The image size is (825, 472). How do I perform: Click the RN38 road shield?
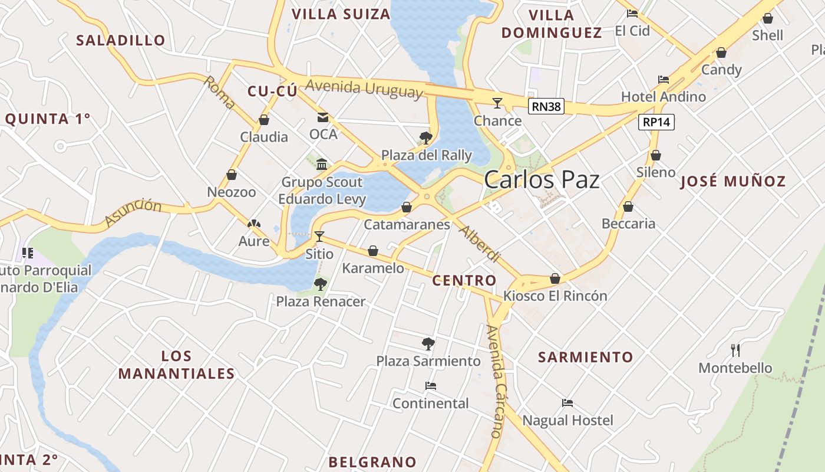(546, 106)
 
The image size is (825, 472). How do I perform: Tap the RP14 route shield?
(656, 122)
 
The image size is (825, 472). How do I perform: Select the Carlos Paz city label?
(542, 181)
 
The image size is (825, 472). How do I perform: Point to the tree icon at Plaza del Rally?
(425, 139)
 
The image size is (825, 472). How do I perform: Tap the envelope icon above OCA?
(323, 117)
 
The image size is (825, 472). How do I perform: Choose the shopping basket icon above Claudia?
(264, 120)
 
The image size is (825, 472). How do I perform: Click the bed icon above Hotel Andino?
(664, 80)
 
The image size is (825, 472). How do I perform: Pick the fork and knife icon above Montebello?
(735, 350)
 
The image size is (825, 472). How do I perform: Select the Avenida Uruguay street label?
(364, 88)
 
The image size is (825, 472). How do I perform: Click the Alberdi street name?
(480, 244)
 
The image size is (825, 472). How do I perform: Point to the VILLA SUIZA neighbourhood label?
(341, 14)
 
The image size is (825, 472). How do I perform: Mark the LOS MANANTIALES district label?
(177, 365)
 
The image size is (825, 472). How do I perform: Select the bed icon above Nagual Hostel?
(567, 403)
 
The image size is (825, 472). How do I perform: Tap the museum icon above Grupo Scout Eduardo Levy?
(322, 164)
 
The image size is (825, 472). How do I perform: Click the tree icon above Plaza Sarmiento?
(428, 343)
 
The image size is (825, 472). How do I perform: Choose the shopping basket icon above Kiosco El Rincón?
(555, 278)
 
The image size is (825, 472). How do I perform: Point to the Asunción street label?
(133, 212)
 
